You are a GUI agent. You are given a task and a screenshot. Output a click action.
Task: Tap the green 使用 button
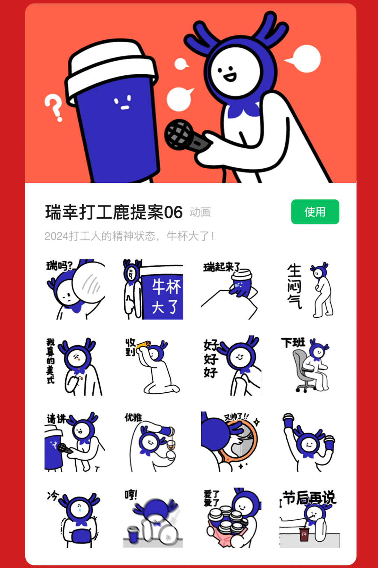point(315,212)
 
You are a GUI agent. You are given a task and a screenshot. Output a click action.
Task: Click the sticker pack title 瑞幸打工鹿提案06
point(114,212)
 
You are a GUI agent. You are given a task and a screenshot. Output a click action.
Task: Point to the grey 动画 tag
point(200,212)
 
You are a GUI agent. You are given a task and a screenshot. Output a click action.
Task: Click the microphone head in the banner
point(178,134)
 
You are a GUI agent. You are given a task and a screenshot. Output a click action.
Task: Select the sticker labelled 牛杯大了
point(153,289)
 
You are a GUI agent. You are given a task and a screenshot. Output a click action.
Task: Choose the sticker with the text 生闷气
point(310,289)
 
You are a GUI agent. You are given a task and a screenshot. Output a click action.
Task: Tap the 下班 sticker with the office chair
point(310,365)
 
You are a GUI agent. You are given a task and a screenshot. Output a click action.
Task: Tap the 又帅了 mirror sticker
point(231,441)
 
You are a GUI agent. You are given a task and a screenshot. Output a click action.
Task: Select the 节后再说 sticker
point(310,518)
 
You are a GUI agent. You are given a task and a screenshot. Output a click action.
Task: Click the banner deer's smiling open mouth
point(230,76)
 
